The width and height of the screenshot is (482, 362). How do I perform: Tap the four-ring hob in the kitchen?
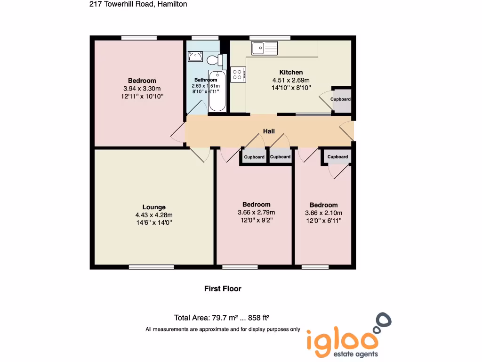tap(237, 74)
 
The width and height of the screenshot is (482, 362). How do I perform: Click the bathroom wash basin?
tap(195, 57)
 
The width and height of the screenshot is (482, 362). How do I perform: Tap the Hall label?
tap(269, 132)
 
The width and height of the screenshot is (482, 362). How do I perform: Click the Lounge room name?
tap(154, 207)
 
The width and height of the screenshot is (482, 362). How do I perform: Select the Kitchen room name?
tap(291, 72)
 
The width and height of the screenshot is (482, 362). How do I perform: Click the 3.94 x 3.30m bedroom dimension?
tap(142, 89)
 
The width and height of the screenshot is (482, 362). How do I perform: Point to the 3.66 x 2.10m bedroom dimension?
tap(323, 213)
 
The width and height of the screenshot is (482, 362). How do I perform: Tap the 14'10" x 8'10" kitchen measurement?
tap(291, 88)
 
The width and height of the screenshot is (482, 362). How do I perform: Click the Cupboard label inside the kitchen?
tap(340, 99)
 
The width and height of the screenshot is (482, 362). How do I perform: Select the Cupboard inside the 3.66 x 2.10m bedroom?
tap(337, 157)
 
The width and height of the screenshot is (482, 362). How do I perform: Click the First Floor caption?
tap(223, 288)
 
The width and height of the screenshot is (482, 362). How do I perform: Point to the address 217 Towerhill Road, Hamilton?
tap(138, 4)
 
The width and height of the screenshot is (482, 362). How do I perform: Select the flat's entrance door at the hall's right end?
tap(348, 131)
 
